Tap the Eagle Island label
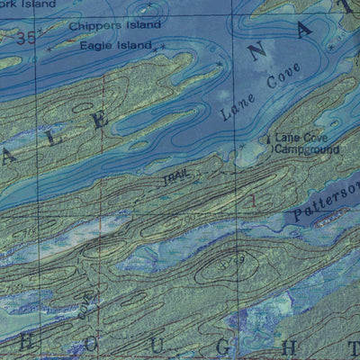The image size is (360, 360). [x=114, y=45]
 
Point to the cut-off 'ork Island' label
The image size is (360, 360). [x=15, y=4]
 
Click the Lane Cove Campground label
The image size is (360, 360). [x=307, y=143]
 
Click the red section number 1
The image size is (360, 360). [x=254, y=200]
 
